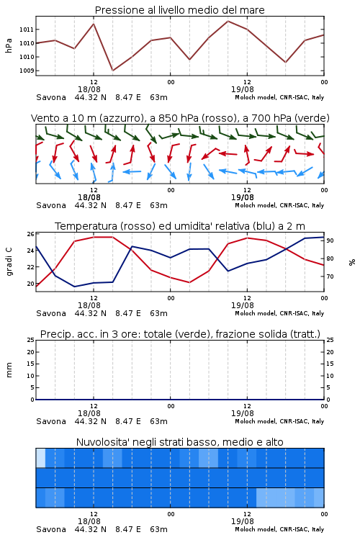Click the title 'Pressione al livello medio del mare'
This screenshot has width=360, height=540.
(x=179, y=10)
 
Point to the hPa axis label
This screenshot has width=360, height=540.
(x=9, y=45)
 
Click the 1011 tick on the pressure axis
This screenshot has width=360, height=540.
(x=27, y=30)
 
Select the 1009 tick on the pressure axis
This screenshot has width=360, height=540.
(x=27, y=71)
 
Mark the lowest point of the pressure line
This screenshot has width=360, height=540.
(x=112, y=71)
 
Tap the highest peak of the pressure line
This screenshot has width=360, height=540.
(x=228, y=21)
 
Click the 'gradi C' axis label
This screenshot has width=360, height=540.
(x=9, y=262)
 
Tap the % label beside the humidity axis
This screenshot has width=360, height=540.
(x=352, y=262)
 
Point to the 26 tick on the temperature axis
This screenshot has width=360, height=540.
(x=30, y=234)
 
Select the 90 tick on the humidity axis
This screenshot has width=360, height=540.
(x=330, y=240)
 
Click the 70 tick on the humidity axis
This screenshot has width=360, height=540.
(x=330, y=276)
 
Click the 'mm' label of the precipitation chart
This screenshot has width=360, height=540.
(x=9, y=370)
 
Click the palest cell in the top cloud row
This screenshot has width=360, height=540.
(x=40, y=458)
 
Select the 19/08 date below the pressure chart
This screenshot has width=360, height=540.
(x=243, y=89)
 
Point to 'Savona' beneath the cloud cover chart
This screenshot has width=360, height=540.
(x=51, y=529)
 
